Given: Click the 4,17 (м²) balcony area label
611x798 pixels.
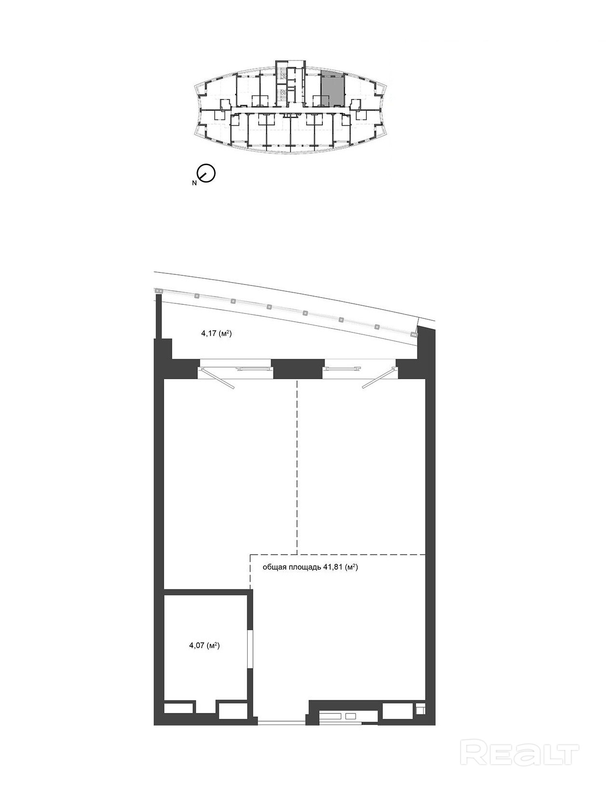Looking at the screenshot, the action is [x=215, y=334].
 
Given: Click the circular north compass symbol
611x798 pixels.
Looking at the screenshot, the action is [x=206, y=172].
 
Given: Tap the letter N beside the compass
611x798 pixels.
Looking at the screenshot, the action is [x=194, y=183].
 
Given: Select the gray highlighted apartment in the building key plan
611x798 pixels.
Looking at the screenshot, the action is [x=332, y=89].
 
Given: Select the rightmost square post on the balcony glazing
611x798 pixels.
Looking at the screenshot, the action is [x=414, y=334].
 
